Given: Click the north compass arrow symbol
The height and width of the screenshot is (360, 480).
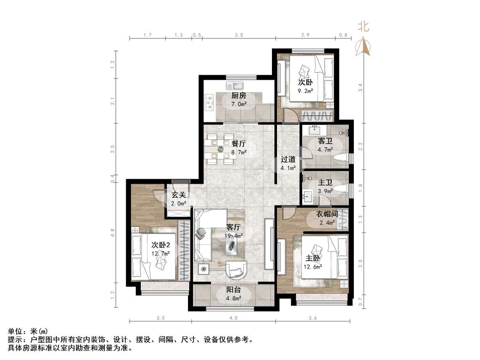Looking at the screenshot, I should pos(363,46).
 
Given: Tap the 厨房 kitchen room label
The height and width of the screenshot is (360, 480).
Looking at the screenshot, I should pos(239,96).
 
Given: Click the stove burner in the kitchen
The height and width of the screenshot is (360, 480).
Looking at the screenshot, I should pos(208,102).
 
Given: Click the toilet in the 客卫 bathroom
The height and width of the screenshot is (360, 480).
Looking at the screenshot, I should pos(341,159).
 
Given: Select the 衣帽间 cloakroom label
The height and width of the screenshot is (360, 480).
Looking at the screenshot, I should pos(327,214).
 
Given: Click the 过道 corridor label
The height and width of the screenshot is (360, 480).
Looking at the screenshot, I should pos(288,159).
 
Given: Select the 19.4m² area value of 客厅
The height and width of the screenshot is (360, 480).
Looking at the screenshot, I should pos(234,236).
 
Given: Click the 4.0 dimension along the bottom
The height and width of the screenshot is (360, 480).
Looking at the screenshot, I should pos(233,318).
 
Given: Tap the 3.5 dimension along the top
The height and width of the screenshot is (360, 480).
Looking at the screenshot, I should pos(239,35).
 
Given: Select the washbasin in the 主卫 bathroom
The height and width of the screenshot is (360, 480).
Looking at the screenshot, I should pos(308,195).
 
